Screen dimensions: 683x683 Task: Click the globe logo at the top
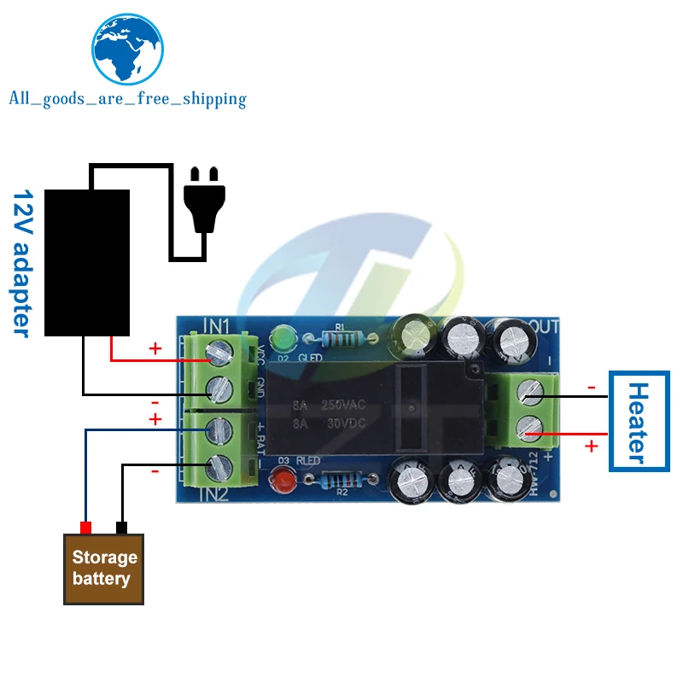click(126, 50)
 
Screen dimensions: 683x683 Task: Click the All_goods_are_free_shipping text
click(127, 99)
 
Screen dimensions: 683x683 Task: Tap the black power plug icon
click(204, 198)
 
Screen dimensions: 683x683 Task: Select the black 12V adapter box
click(86, 262)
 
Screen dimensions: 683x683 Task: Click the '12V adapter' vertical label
click(22, 264)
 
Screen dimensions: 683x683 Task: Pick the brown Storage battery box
click(104, 569)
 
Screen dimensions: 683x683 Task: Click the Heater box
click(637, 422)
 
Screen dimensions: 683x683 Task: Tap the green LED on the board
click(280, 336)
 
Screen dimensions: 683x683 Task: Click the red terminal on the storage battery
click(85, 528)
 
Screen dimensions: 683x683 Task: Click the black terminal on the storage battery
click(121, 528)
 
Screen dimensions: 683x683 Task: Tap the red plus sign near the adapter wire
click(155, 348)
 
